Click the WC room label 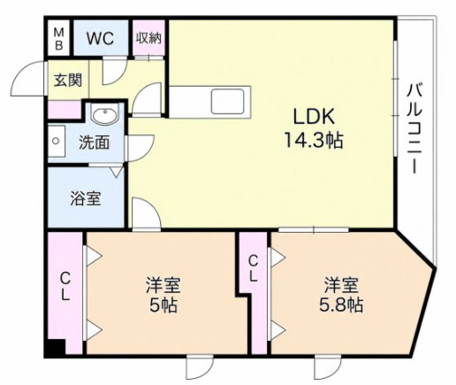click(x=100, y=38)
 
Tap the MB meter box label click(x=59, y=38)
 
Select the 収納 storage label click(x=148, y=38)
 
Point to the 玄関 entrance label click(x=68, y=80)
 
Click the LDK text click(x=314, y=117)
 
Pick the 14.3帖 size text click(x=313, y=141)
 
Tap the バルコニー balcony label click(x=414, y=128)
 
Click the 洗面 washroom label click(x=94, y=142)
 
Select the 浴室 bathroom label click(x=86, y=198)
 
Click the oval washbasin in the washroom click(x=104, y=113)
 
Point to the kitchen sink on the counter click(x=227, y=102)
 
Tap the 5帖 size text click(x=163, y=305)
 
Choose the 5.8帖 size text click(x=341, y=305)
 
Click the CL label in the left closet click(x=65, y=286)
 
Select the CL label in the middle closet click(x=254, y=268)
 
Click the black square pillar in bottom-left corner click(x=55, y=348)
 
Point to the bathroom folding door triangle click(x=118, y=172)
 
